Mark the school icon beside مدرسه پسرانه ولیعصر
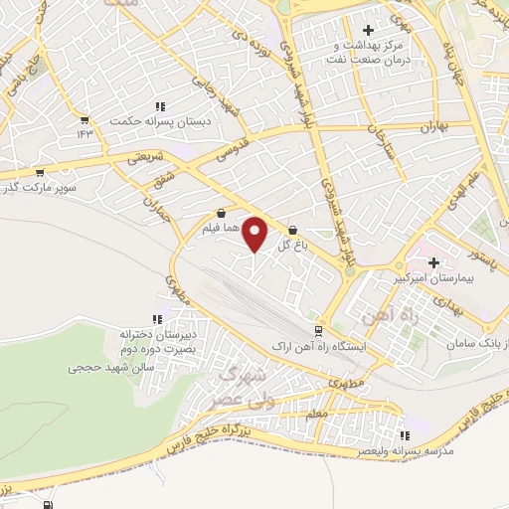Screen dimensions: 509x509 pos(404,435)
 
